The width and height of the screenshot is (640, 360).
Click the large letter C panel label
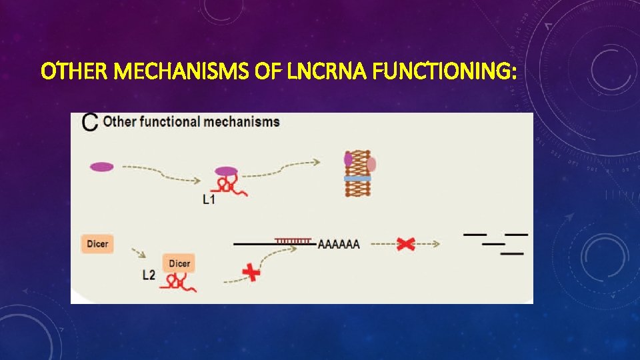point(89,122)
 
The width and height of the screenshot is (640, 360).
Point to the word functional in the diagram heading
point(169,122)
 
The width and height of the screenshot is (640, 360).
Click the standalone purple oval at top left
point(102,167)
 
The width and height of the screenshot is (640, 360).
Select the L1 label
point(209,199)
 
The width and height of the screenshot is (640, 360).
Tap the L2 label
point(150,274)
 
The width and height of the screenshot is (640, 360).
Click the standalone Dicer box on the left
point(97,244)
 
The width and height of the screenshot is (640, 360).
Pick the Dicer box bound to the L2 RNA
point(179,263)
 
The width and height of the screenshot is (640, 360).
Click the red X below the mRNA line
point(251,273)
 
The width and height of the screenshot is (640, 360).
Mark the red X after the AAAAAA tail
point(405,244)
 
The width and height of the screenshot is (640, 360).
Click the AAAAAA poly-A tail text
point(339,245)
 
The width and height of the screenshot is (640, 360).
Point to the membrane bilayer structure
point(358,173)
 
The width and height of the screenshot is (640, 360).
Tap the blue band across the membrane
point(358,179)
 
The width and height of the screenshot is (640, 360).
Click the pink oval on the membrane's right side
point(371,164)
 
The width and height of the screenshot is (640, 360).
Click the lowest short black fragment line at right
point(511,253)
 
